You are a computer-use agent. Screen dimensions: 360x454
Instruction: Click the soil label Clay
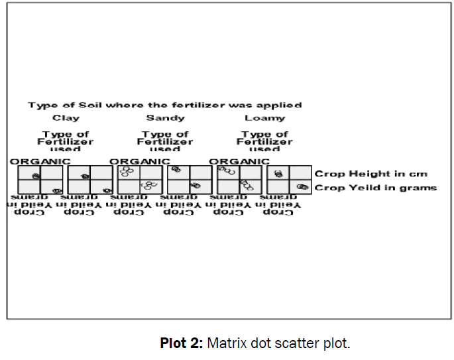(x=66, y=118)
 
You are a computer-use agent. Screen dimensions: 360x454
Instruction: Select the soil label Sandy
(x=165, y=118)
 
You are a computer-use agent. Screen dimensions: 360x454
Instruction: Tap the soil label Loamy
(x=264, y=118)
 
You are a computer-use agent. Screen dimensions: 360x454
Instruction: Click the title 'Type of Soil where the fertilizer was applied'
(x=164, y=105)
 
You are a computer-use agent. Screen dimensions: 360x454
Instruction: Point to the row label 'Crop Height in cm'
(x=370, y=174)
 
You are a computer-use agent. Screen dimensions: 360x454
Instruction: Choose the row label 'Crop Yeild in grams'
(x=375, y=188)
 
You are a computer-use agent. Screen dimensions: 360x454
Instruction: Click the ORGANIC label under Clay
(x=40, y=161)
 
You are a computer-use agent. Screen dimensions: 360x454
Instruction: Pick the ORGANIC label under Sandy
(x=139, y=161)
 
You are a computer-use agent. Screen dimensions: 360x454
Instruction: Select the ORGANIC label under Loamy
(x=239, y=161)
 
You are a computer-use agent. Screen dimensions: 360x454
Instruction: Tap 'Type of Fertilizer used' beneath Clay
(x=66, y=141)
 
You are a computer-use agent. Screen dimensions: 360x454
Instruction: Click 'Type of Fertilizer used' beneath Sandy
(x=165, y=141)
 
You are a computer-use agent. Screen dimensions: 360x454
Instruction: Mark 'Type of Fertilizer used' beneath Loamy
(x=264, y=141)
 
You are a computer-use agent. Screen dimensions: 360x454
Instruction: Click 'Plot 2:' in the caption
(x=182, y=343)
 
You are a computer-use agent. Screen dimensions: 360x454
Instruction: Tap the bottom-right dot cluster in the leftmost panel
(x=57, y=191)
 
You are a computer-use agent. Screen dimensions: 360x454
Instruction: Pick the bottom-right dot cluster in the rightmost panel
(x=303, y=188)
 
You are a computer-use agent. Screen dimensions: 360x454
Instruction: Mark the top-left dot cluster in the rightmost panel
(x=278, y=174)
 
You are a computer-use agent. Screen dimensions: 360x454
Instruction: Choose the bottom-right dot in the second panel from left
(x=107, y=191)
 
